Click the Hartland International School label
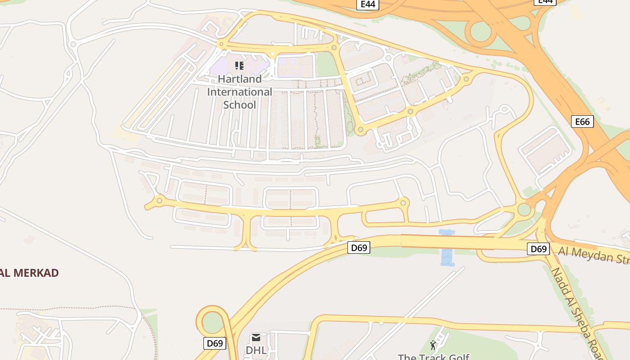click(239, 92)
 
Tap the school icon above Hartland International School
click(239, 66)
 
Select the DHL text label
click(256, 350)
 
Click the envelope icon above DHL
click(256, 337)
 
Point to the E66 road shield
click(582, 121)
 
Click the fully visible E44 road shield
click(368, 4)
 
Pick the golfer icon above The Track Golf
click(433, 345)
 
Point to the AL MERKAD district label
click(30, 273)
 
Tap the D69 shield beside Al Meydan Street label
click(538, 249)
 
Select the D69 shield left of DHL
click(215, 343)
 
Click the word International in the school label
click(239, 92)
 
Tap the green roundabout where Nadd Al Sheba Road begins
click(524, 209)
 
